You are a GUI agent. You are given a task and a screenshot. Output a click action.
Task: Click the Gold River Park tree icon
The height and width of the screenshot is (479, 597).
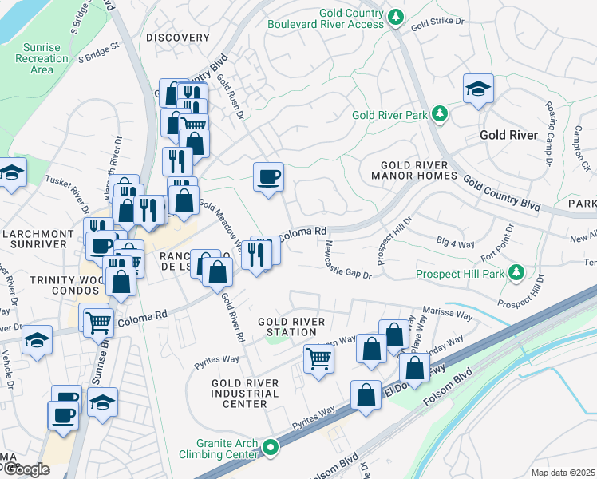[438, 115]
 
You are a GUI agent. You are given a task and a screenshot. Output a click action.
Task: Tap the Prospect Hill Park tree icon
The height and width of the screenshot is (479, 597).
[516, 274]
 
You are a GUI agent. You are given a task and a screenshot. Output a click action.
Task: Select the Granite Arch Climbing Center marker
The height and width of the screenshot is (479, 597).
[271, 449]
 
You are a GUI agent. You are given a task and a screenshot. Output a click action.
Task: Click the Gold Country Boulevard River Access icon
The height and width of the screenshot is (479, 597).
[393, 17]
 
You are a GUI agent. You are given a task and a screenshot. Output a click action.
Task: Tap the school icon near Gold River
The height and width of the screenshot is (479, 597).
[477, 89]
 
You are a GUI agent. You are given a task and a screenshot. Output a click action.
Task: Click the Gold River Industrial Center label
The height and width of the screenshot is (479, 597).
[245, 394]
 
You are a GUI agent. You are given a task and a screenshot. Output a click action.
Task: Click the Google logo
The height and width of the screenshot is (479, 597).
[26, 469]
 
